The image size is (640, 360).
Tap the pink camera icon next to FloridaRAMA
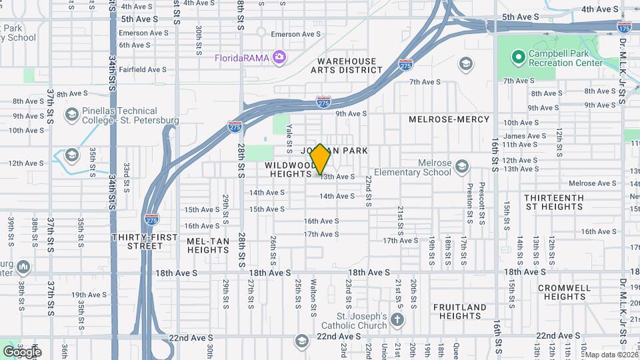tap(279, 57)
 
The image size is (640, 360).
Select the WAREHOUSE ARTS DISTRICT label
tap(346, 65)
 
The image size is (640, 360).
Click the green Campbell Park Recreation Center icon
tap(517, 57)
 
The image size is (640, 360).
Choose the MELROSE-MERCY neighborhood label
tap(449, 119)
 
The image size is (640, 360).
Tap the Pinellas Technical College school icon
tap(71, 115)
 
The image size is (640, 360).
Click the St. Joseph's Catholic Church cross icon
tap(397, 319)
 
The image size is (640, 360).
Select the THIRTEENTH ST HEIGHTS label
tap(553, 202)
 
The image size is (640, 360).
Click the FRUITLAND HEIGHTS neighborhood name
tap(459, 311)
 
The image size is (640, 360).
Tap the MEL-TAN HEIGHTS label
tap(208, 245)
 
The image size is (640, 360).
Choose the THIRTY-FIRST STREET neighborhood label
tap(145, 241)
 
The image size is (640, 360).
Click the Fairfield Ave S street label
tap(143, 69)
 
